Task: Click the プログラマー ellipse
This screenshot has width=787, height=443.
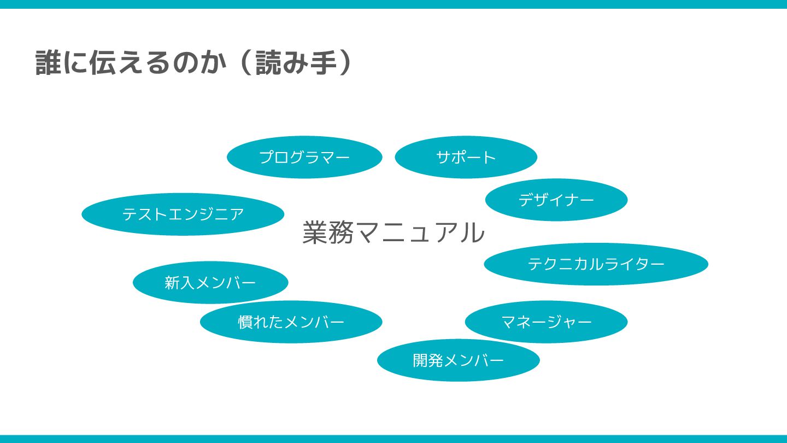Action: click(304, 158)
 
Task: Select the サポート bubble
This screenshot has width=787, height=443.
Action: click(466, 158)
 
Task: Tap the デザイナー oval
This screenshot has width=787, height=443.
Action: click(556, 200)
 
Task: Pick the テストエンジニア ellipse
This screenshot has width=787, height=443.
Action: click(183, 214)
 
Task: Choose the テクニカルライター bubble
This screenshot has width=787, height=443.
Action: click(596, 264)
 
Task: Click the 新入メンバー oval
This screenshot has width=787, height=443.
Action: click(210, 282)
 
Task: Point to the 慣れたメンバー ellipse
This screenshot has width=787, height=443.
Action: click(291, 322)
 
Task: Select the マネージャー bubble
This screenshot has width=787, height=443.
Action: click(546, 322)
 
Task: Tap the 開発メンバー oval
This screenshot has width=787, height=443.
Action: click(458, 360)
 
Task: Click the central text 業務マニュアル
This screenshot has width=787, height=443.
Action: click(393, 232)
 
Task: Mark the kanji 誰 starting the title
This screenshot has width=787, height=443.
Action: click(47, 63)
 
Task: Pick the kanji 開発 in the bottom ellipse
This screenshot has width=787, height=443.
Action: click(428, 360)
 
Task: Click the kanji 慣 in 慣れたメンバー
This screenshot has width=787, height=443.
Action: click(244, 322)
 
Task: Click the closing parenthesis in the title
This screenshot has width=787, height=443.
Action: click(344, 63)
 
